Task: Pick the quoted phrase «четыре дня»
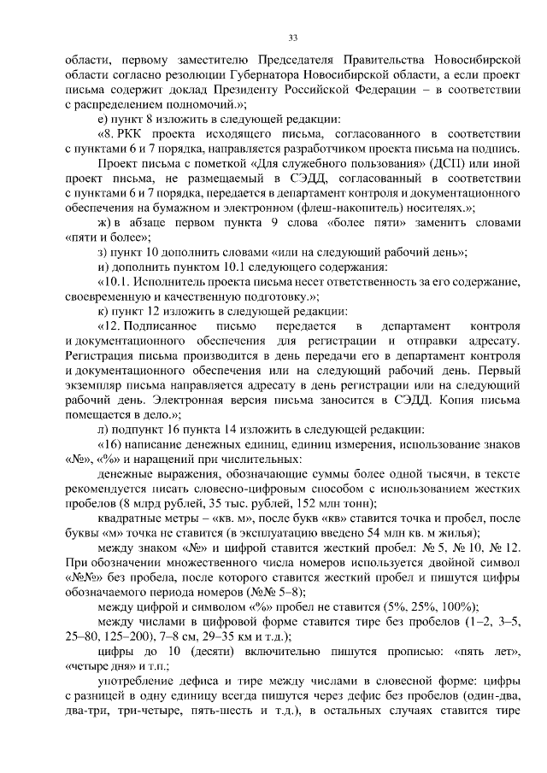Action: pos(101,665)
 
